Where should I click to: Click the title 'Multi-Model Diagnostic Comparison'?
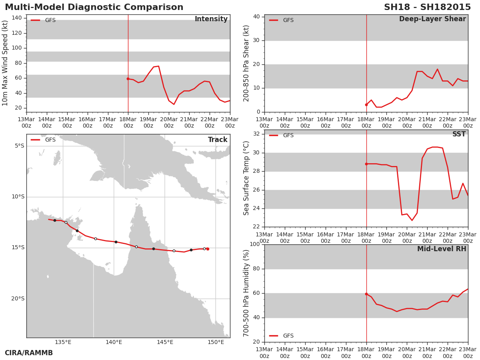click(94, 7)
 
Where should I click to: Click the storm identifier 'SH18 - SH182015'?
click(427, 7)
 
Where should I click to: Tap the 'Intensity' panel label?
click(211, 19)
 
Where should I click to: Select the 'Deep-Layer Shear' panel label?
click(432, 19)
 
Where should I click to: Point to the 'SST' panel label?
click(459, 134)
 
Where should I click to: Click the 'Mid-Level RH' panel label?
click(442, 249)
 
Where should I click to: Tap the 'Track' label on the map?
click(218, 140)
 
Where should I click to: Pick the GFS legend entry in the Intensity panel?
click(43, 20)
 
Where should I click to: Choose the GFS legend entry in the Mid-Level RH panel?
click(281, 336)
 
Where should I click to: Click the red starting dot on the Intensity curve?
click(128, 79)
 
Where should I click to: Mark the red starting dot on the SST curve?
click(366, 164)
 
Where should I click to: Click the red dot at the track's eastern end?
click(208, 249)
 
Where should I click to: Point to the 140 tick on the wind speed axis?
click(17, 18)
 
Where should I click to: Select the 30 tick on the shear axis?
click(256, 40)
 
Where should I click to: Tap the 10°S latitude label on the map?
click(18, 197)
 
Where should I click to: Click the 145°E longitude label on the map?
click(165, 342)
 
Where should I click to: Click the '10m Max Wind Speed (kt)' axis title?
click(5, 63)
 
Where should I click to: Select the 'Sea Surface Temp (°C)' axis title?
click(246, 178)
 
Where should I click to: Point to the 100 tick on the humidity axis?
click(255, 244)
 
